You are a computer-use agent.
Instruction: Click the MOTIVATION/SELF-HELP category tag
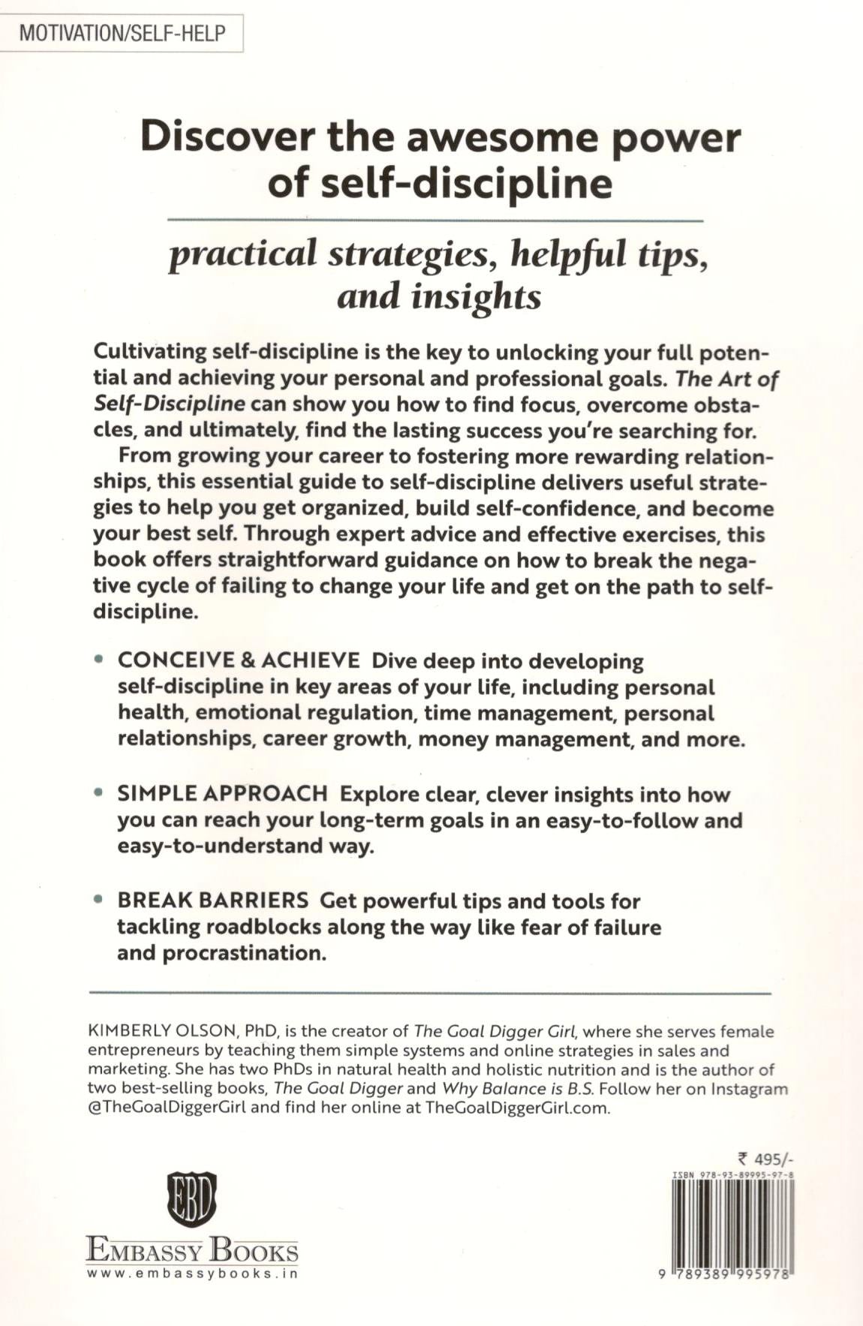point(122,34)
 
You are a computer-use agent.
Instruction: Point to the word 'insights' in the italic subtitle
point(476,296)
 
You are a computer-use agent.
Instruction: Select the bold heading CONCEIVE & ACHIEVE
point(239,660)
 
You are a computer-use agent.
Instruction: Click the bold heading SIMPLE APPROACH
point(222,793)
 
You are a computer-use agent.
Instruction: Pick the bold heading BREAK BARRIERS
point(212,900)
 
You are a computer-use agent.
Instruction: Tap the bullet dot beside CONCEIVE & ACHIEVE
point(98,660)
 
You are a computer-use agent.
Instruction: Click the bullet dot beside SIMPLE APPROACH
point(98,793)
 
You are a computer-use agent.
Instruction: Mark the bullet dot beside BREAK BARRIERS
point(98,900)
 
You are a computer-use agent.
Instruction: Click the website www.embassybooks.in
point(192,1273)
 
